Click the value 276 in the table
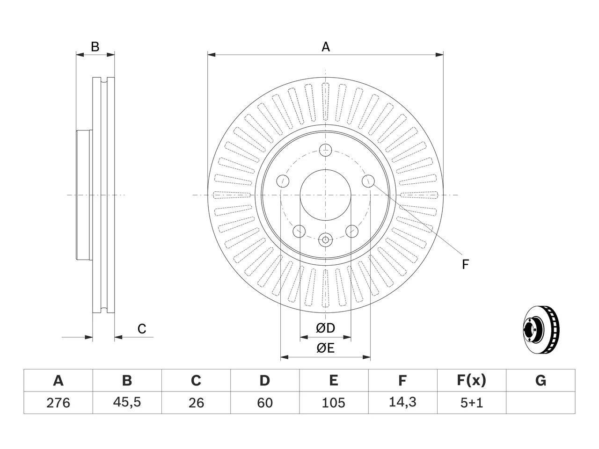click(x=58, y=403)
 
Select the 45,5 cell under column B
click(x=127, y=402)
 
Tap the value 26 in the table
click(x=196, y=403)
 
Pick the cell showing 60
click(x=265, y=403)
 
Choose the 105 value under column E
click(x=334, y=403)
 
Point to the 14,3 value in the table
click(x=402, y=402)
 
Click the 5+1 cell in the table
click(x=472, y=403)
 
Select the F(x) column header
click(x=472, y=380)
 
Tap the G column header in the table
click(x=541, y=380)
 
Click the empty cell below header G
click(x=541, y=403)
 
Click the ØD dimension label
click(x=325, y=328)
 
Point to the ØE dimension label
click(x=325, y=348)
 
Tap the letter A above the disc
click(x=326, y=47)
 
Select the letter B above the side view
click(x=95, y=47)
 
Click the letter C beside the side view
click(x=142, y=329)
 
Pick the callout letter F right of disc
click(x=465, y=264)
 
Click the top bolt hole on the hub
click(x=325, y=150)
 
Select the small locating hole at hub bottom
click(x=325, y=240)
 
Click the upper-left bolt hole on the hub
click(x=283, y=181)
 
